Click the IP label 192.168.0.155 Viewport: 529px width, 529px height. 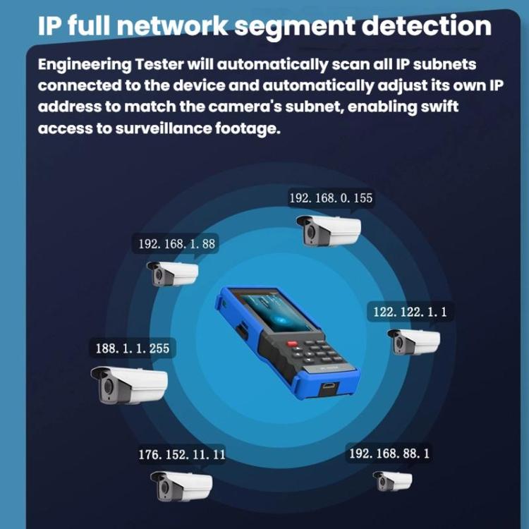pyautogui.click(x=331, y=198)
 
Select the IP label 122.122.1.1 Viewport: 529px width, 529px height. pyautogui.click(x=410, y=312)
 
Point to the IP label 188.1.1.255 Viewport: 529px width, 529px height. pyautogui.click(x=132, y=348)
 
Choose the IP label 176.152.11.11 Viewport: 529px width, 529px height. pyautogui.click(x=182, y=455)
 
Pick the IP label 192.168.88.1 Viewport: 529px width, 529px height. pyautogui.click(x=389, y=453)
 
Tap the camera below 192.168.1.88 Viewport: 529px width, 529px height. pyautogui.click(x=172, y=273)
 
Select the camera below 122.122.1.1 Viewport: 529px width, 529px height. pyautogui.click(x=414, y=341)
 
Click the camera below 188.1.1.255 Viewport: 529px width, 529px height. pyautogui.click(x=129, y=384)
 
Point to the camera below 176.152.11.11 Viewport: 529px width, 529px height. pyautogui.click(x=181, y=485)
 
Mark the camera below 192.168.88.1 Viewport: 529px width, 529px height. pyautogui.click(x=393, y=481)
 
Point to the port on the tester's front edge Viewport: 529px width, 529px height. pyautogui.click(x=329, y=387)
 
